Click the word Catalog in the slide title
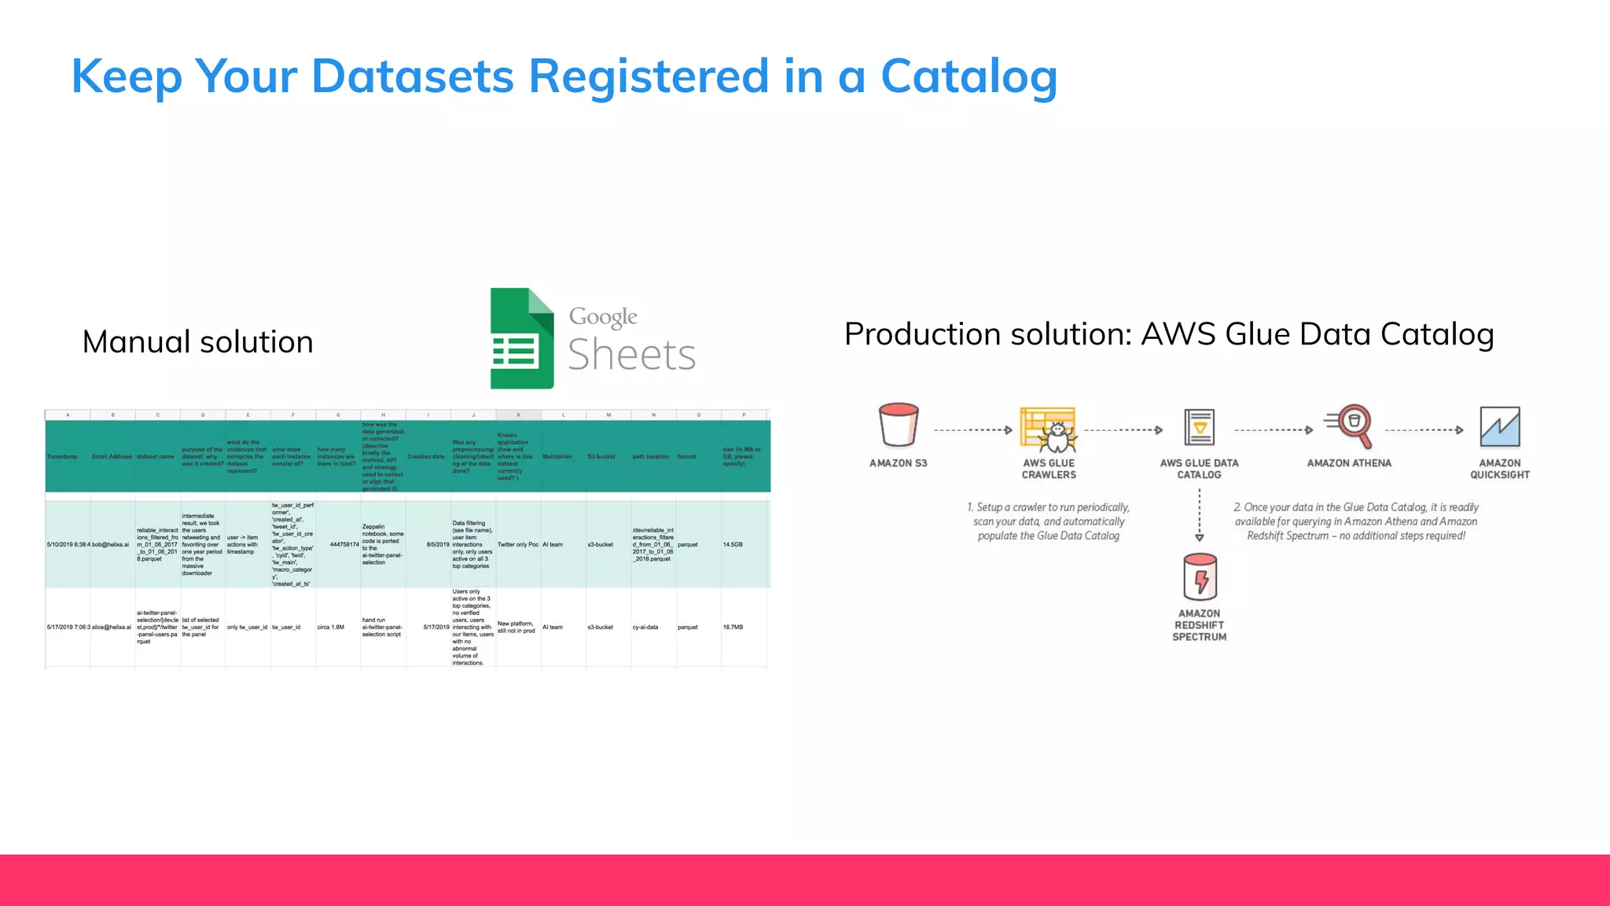coord(969,77)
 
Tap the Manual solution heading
coord(198,342)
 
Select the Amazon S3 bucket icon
coord(899,425)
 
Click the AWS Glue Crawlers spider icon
coord(1049,429)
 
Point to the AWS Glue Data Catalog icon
coord(1199,428)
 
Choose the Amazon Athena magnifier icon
coord(1350,425)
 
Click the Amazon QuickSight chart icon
coord(1499,426)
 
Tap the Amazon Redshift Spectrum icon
coord(1200,576)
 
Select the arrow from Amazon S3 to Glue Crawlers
coord(973,430)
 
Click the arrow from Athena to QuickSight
coord(1424,430)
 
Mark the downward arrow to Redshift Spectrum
coord(1200,516)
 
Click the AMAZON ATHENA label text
coord(1349,463)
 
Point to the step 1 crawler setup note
coord(1049,521)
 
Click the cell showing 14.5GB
coord(733,544)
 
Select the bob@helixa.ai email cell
coord(112,544)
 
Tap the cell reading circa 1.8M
coord(331,628)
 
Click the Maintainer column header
coord(557,456)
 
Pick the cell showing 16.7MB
coord(733,628)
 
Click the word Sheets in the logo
coord(632,355)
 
